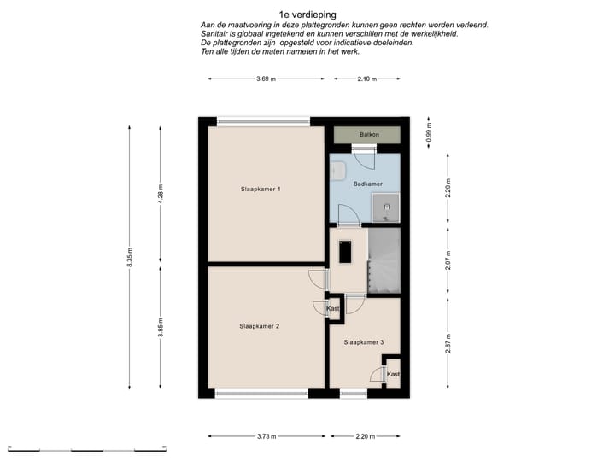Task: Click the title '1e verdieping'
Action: [307, 15]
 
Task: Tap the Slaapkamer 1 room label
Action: [261, 189]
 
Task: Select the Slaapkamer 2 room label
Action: [260, 326]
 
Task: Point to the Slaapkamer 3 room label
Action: [364, 342]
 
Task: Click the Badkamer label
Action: [367, 184]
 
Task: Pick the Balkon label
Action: [370, 135]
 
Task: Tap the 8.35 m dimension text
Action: [130, 257]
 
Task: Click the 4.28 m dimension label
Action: [161, 194]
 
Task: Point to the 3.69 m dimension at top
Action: [266, 79]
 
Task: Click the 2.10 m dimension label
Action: [366, 79]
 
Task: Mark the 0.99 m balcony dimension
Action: [429, 132]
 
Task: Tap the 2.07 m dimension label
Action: [448, 260]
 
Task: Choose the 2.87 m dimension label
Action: [448, 343]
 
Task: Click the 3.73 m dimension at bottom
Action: [266, 436]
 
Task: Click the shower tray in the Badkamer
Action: [385, 207]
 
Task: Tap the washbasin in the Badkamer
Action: [337, 171]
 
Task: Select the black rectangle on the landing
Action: [345, 252]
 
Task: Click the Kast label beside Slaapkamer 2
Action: [332, 309]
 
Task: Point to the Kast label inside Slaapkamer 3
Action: [394, 375]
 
